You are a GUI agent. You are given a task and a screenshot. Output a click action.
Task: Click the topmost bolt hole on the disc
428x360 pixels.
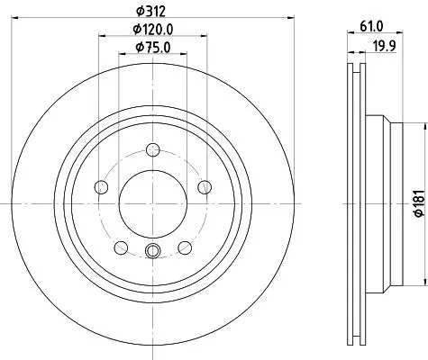click(153, 149)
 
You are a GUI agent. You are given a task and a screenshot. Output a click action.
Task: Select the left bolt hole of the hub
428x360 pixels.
click(101, 187)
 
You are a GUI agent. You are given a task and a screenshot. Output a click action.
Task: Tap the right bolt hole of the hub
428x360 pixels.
click(205, 187)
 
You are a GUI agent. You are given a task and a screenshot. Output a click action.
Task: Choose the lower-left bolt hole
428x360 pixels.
click(121, 247)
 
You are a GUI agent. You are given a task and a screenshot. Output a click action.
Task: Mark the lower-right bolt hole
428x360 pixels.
click(185, 247)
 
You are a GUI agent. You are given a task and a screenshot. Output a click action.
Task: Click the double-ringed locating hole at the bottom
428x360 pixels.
click(153, 252)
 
